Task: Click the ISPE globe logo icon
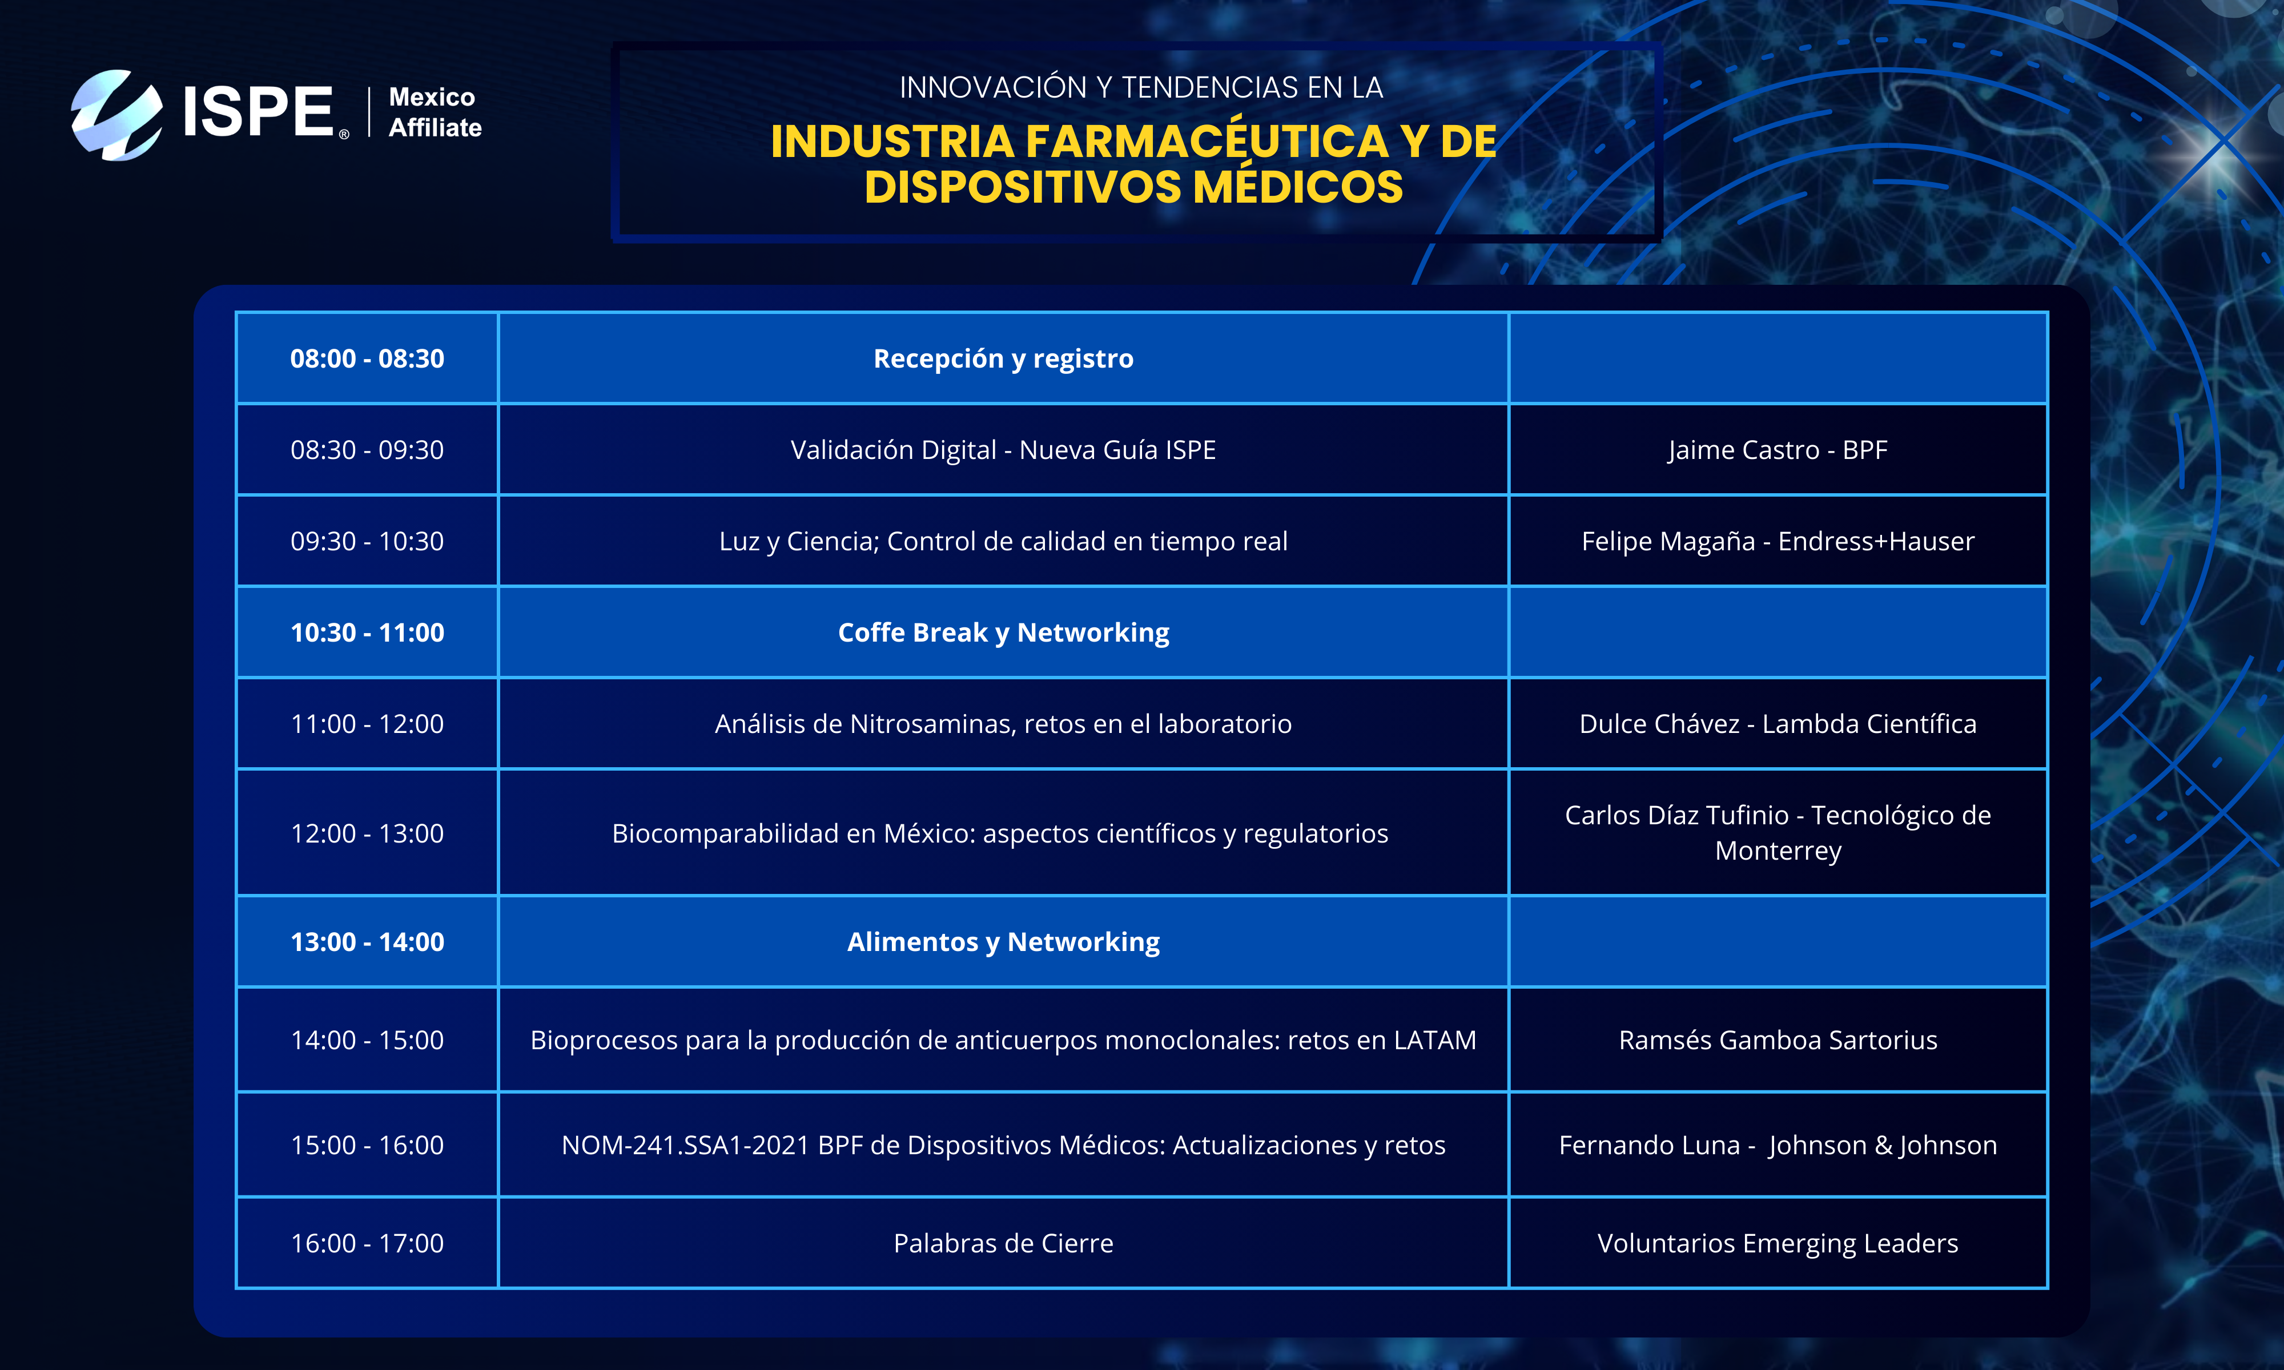click(x=117, y=115)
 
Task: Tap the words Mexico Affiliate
click(x=435, y=112)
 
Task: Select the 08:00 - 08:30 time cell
click(x=367, y=358)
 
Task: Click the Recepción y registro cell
click(x=1003, y=358)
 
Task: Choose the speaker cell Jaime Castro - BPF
click(x=1778, y=450)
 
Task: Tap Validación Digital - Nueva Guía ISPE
click(x=1003, y=450)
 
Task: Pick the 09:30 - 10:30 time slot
click(x=367, y=541)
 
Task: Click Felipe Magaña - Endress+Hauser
click(x=1778, y=541)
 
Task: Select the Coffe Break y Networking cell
click(x=1003, y=632)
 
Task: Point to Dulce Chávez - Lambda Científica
click(x=1778, y=724)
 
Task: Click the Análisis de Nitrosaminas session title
click(x=1003, y=724)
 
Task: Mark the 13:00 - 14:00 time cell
click(x=367, y=942)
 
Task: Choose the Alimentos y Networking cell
click(x=1003, y=942)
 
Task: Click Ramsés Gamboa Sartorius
click(x=1778, y=1041)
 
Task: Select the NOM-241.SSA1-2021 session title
click(x=1003, y=1146)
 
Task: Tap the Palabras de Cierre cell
click(x=1003, y=1243)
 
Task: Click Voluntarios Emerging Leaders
click(x=1778, y=1243)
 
